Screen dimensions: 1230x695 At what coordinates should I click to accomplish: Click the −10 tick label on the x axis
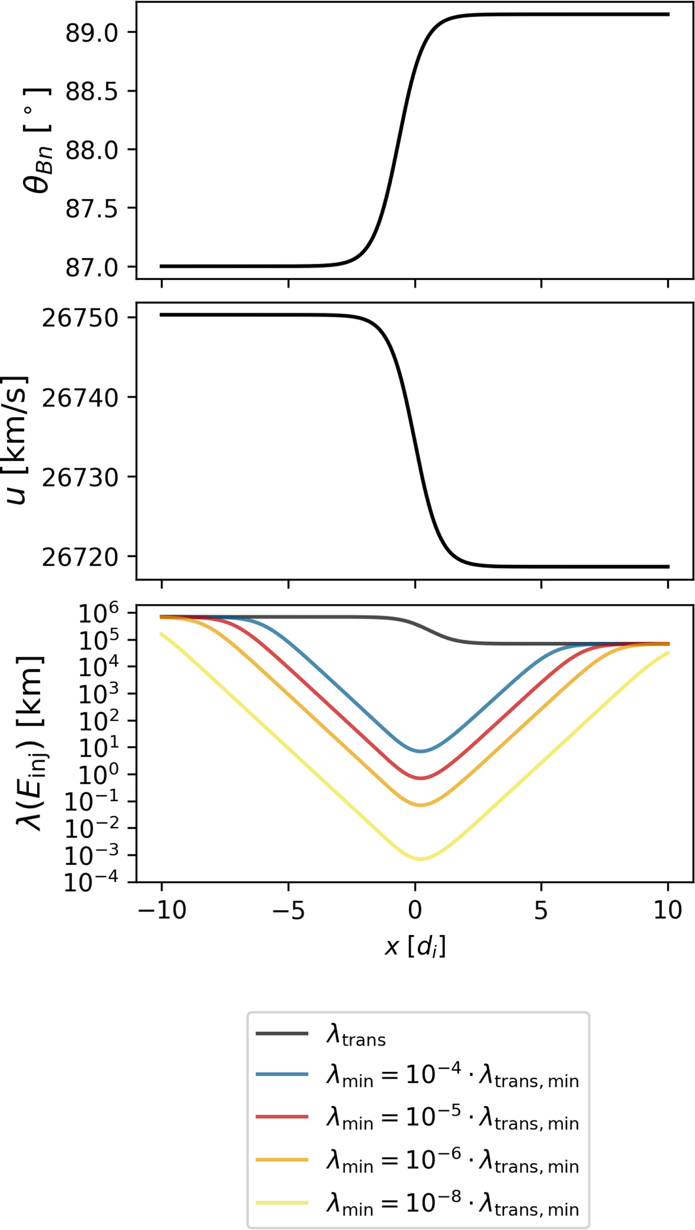click(162, 910)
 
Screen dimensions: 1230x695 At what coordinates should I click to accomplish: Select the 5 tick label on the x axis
click(541, 910)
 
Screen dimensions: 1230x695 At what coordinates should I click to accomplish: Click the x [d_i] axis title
click(415, 947)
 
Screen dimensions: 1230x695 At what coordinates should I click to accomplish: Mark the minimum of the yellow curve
click(420, 858)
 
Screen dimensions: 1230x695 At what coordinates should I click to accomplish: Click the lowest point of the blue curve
click(421, 751)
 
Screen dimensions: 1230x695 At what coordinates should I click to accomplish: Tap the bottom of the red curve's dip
click(421, 778)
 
